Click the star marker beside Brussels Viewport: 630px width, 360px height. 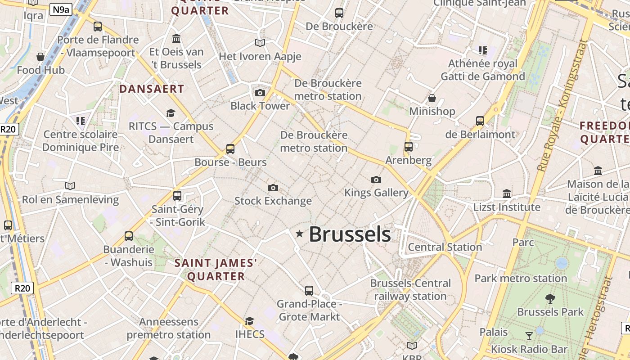[299, 233]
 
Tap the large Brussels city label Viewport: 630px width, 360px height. [350, 234]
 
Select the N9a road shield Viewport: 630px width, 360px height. [61, 9]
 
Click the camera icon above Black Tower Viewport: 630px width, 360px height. [260, 93]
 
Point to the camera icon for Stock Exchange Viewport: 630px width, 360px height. [273, 188]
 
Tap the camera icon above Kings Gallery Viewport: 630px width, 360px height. [376, 180]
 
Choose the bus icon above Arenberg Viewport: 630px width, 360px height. [408, 147]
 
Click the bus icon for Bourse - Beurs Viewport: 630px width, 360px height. [230, 148]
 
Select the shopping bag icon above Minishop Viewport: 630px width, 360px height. [432, 98]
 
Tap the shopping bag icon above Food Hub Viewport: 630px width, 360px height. [40, 57]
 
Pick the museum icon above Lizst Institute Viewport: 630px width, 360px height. [507, 193]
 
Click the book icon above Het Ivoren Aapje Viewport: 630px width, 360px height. [260, 43]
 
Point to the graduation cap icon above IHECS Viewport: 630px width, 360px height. [249, 321]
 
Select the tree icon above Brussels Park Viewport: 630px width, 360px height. [550, 298]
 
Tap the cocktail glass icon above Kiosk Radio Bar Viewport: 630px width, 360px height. [529, 336]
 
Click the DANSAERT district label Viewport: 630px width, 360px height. [152, 89]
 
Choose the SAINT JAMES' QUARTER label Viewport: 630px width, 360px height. [216, 269]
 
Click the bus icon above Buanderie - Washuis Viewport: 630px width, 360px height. [129, 236]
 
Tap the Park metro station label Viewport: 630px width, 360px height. [521, 278]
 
